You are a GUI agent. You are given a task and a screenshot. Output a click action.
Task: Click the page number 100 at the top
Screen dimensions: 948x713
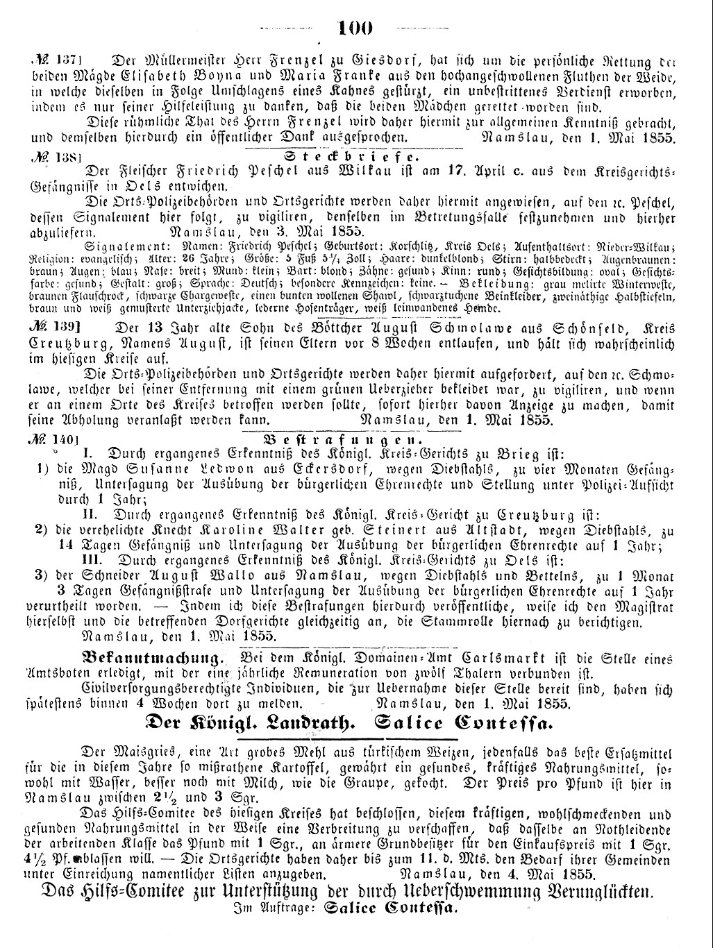(x=355, y=28)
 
